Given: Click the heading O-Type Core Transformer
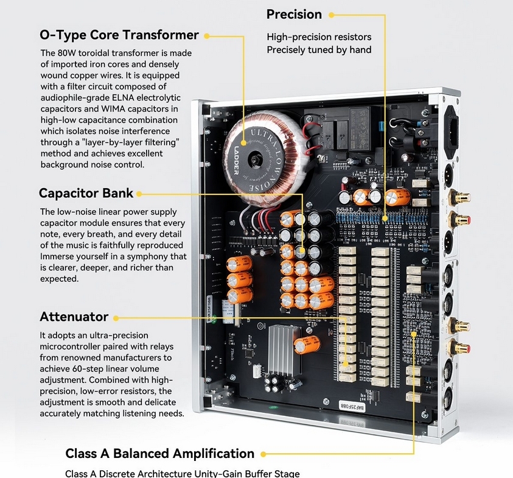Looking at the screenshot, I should tap(119, 35).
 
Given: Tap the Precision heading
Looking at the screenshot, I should tap(294, 14).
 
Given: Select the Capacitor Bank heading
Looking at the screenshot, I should tap(86, 194).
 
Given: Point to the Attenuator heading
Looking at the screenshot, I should tap(74, 317).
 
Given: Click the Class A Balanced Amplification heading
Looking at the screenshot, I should tap(159, 454).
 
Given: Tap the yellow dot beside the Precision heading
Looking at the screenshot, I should tap(332, 15).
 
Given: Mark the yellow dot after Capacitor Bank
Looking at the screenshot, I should tap(139, 194).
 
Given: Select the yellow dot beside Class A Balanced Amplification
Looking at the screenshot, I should tap(263, 454).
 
